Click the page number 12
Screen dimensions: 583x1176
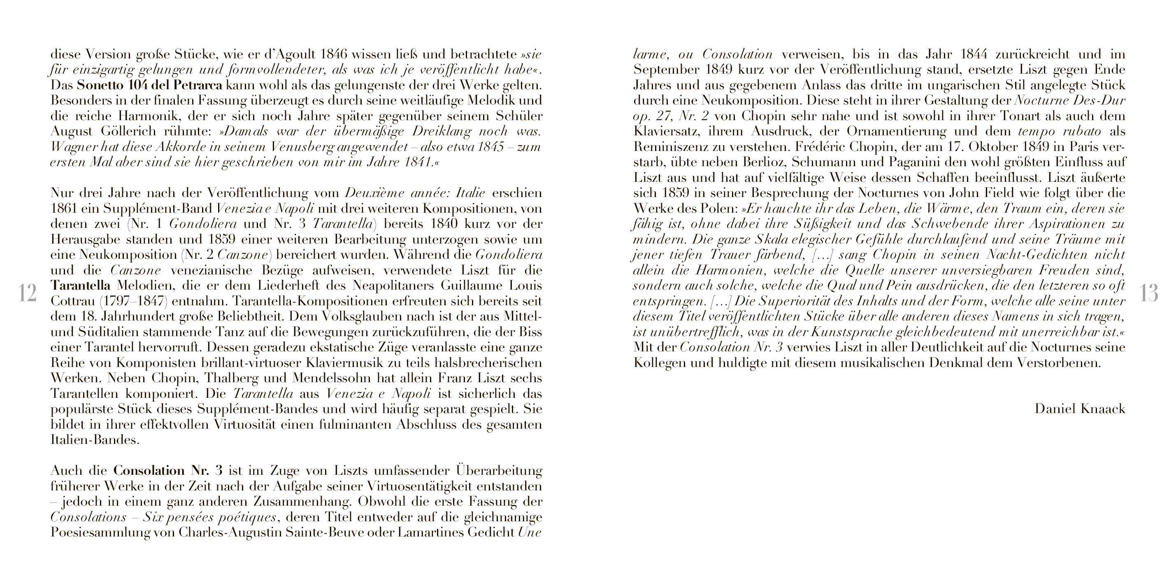click(28, 293)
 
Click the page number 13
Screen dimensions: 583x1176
click(1148, 293)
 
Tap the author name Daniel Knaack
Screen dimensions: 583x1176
click(1080, 409)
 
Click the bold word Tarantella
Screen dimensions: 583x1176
click(80, 286)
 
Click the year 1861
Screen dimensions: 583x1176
click(64, 209)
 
